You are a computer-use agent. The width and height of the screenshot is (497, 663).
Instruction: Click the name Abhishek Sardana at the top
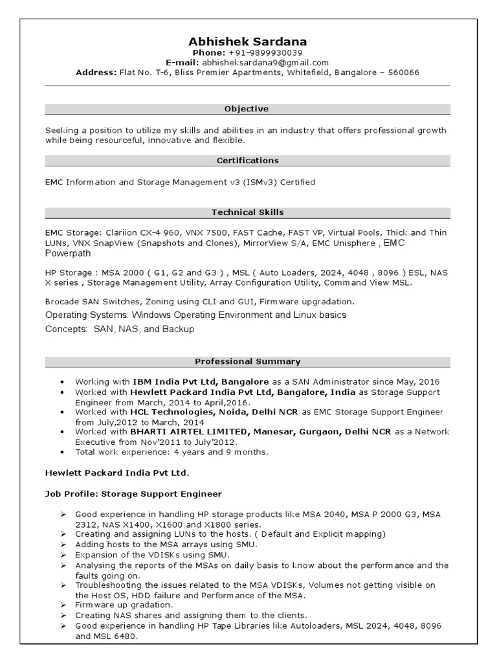point(248,41)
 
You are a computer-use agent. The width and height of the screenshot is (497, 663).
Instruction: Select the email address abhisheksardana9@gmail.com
point(265,62)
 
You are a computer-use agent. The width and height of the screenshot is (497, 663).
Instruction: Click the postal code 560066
point(403,73)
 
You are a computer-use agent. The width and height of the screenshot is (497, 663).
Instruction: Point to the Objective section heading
point(246,109)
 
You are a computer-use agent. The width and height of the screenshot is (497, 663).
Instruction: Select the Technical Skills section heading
point(247,212)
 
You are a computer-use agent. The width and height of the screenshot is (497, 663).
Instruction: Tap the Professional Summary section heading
point(247,361)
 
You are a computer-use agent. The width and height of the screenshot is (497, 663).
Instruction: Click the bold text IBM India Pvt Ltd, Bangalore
point(192,382)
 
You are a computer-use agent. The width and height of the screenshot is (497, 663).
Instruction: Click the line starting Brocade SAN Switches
point(200,302)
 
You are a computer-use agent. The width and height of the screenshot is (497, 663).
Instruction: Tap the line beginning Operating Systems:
point(195,315)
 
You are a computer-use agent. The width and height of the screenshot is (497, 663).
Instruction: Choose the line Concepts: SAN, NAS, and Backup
point(120,329)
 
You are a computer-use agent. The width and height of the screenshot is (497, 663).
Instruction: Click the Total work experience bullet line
point(171,451)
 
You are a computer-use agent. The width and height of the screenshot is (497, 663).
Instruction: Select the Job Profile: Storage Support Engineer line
point(133,493)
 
